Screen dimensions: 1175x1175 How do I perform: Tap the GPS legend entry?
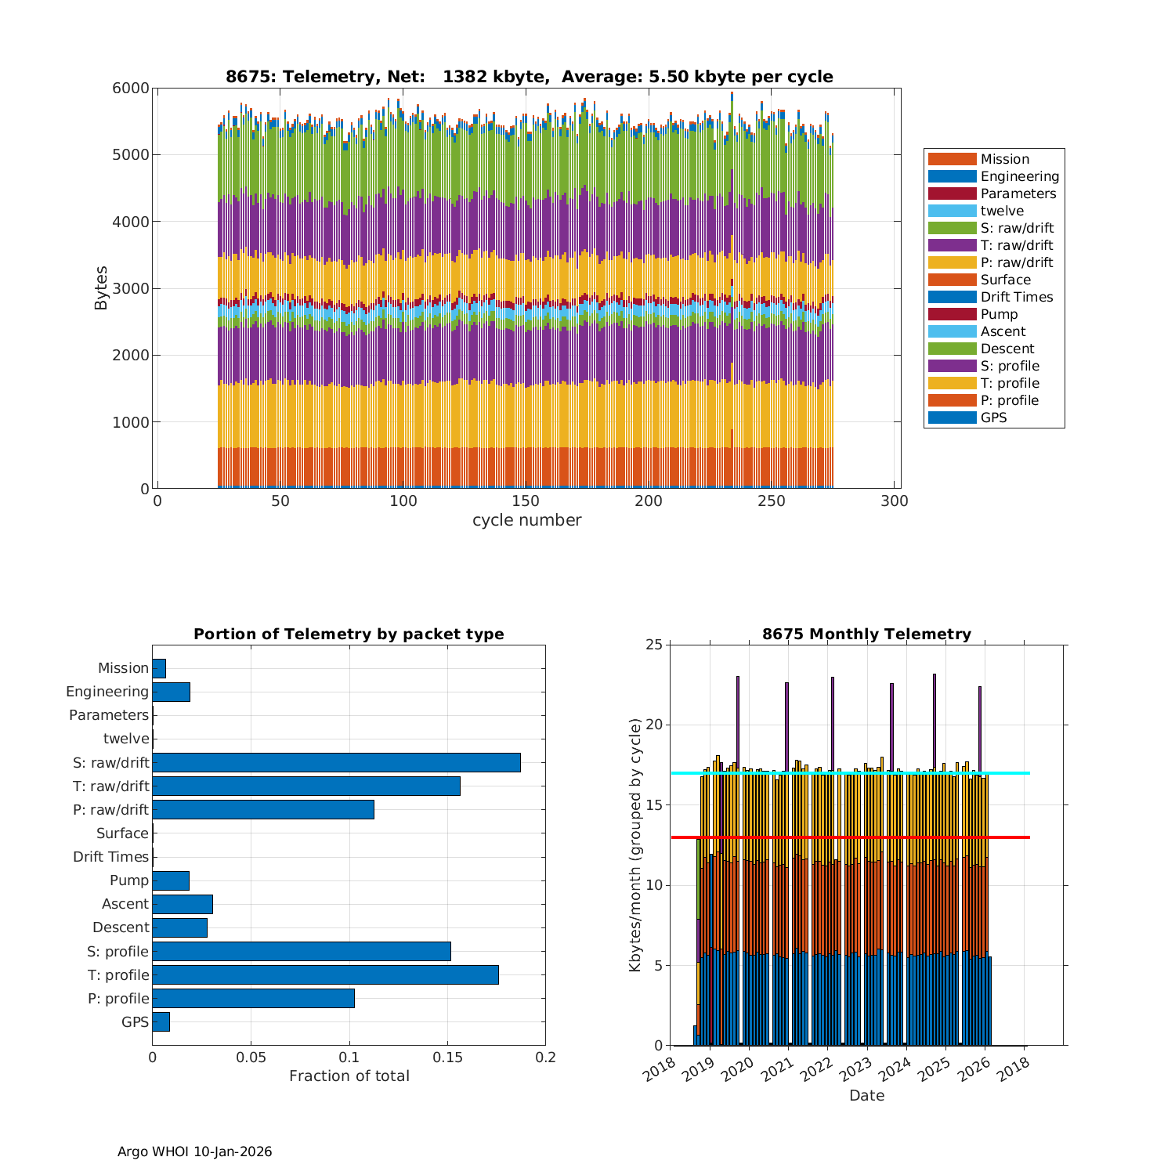(x=993, y=418)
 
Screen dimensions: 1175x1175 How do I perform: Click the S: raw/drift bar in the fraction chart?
(x=336, y=762)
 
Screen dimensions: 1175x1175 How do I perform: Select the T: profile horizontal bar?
(x=325, y=974)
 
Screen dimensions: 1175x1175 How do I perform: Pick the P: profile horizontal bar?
(x=253, y=998)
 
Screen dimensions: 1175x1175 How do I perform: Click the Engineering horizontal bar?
(x=171, y=692)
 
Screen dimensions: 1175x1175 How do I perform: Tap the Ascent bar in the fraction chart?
(x=183, y=904)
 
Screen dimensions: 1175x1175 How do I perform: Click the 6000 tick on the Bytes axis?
(x=134, y=88)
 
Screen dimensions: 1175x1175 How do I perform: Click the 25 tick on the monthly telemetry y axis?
(x=653, y=645)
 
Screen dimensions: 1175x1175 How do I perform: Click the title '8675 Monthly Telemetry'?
(x=866, y=634)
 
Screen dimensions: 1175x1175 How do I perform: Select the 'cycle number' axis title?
(x=526, y=520)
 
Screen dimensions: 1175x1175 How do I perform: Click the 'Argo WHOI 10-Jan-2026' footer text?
(x=194, y=1151)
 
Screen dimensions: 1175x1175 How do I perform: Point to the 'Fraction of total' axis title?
(x=349, y=1076)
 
